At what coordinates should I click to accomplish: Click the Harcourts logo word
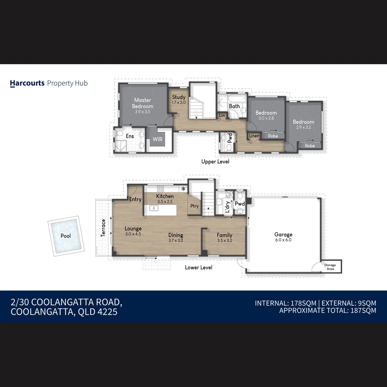[x=27, y=83]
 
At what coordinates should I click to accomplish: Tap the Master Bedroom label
[x=143, y=103]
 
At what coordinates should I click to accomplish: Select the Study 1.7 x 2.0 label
[x=178, y=99]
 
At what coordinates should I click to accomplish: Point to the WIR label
[x=158, y=139]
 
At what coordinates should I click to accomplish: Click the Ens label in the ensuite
[x=130, y=136]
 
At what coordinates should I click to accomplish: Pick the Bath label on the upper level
[x=234, y=106]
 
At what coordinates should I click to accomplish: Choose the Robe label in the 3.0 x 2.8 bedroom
[x=273, y=136]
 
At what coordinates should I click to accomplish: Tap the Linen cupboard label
[x=254, y=136]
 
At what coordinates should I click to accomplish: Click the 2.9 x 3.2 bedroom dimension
[x=303, y=127]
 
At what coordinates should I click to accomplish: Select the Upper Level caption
[x=215, y=162]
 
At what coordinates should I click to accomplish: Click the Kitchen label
[x=165, y=196]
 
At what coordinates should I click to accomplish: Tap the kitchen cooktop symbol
[x=161, y=188]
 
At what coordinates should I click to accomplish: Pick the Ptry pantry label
[x=194, y=206]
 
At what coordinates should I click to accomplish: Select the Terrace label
[x=103, y=228]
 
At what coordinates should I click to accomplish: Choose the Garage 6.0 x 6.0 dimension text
[x=283, y=240]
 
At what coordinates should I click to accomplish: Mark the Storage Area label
[x=330, y=267]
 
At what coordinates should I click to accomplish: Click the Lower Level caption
[x=199, y=267]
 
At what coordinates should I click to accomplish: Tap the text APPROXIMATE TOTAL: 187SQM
[x=328, y=311]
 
